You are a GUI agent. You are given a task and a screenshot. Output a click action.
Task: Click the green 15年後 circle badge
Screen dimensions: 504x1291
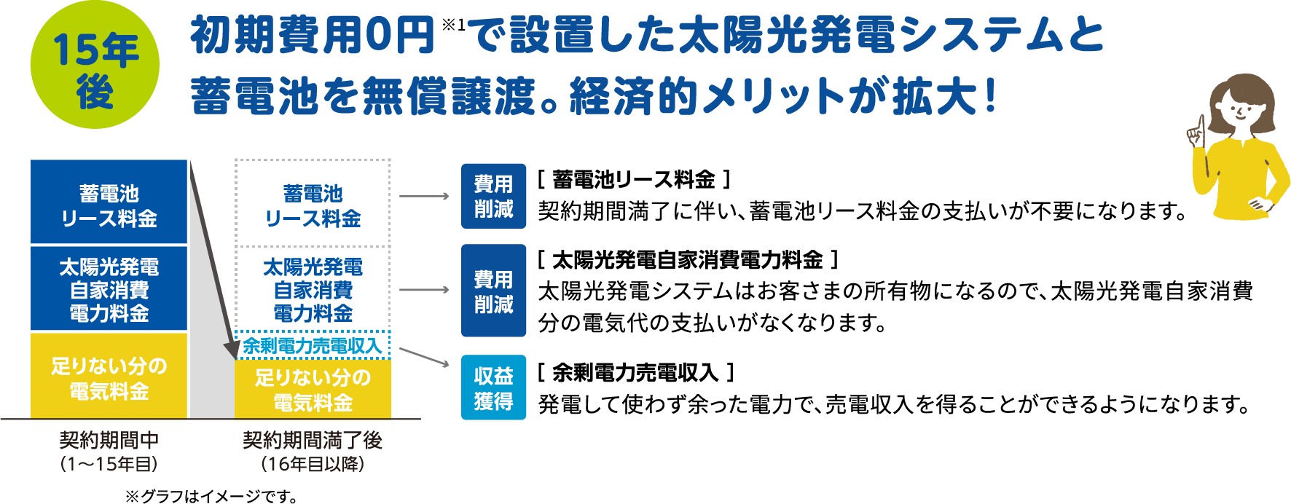[x=95, y=66]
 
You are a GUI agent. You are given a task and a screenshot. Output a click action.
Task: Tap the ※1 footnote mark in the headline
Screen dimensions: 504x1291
[x=452, y=25]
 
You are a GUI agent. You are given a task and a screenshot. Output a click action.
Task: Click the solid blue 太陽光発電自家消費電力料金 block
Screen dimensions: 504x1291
[x=109, y=289]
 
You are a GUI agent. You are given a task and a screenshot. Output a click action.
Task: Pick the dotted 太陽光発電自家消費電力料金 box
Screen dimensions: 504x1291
[x=313, y=289]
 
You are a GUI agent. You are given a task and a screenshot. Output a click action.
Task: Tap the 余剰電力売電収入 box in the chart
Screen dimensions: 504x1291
[x=313, y=345]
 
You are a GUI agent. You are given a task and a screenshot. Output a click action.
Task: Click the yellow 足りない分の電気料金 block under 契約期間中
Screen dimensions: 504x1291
[x=109, y=377]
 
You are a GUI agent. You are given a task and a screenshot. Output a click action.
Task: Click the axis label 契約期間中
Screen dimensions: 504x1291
[x=109, y=440]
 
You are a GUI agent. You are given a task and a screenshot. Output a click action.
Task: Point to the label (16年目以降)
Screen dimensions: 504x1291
[x=313, y=464]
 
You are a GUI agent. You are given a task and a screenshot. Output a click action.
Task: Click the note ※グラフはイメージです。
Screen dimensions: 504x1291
[x=211, y=496]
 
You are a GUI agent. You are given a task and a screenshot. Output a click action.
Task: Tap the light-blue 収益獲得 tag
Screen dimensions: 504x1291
[x=493, y=387]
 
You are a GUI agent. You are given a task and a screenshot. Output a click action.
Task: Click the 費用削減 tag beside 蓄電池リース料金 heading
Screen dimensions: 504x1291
[x=493, y=196]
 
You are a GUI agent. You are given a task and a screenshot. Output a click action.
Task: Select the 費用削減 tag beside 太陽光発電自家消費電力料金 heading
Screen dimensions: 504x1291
[x=493, y=291]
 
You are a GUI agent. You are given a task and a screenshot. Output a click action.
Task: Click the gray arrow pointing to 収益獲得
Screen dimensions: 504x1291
[x=425, y=356]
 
